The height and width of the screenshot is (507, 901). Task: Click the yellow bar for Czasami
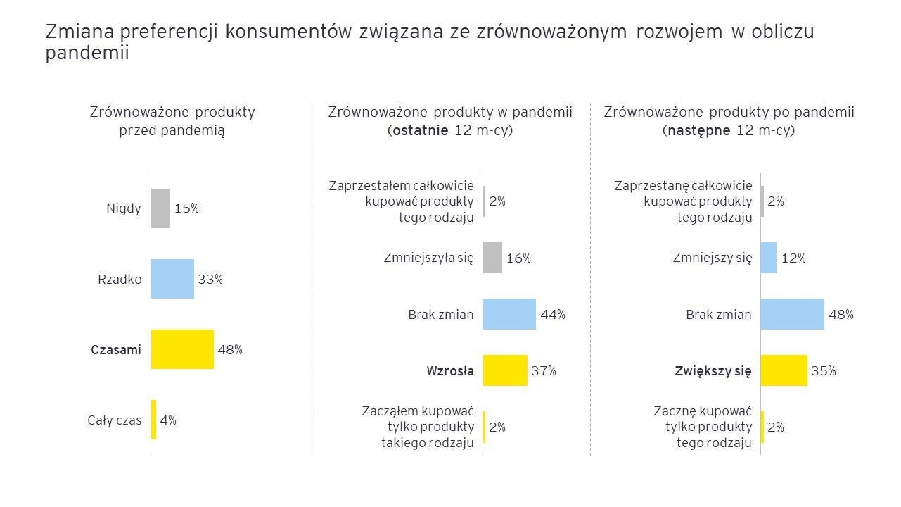[x=182, y=349]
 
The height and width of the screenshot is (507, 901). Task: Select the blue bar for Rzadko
[x=172, y=279]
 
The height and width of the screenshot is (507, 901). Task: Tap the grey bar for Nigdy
[x=160, y=208]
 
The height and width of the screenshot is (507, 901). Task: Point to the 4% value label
[x=168, y=420]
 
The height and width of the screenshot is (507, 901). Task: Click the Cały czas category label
[x=115, y=420]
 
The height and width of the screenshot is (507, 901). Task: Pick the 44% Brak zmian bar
[x=509, y=314]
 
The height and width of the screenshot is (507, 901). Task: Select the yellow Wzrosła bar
[x=505, y=370]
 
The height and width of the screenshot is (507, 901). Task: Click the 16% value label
[x=518, y=258]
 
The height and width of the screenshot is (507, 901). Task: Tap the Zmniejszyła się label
[x=428, y=258]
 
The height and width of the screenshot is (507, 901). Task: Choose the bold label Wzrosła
[x=450, y=370]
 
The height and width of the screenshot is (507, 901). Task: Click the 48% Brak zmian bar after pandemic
[x=792, y=314]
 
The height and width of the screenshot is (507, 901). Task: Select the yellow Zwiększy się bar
[x=784, y=370]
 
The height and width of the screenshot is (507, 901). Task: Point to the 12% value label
[x=793, y=258]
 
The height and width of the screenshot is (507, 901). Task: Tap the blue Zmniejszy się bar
[x=769, y=258]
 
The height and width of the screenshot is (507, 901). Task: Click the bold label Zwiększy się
[x=713, y=370]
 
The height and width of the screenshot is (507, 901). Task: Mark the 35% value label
[x=824, y=371]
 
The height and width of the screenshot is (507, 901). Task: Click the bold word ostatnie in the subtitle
[x=420, y=131]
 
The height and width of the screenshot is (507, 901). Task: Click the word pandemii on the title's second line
[x=87, y=54]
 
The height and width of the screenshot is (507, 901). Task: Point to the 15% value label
[x=186, y=208]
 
